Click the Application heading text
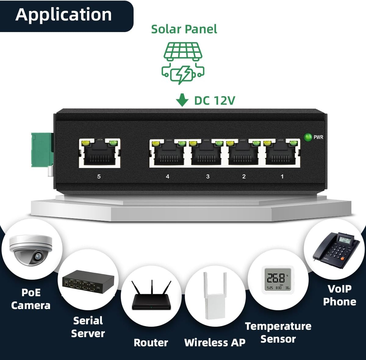[x=63, y=15]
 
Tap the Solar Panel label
[x=184, y=29]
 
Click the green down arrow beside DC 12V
[x=182, y=100]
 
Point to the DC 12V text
[x=215, y=100]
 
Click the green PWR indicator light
[x=308, y=137]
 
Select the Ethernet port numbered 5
[x=99, y=153]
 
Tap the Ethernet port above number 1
[x=282, y=153]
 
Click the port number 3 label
[x=208, y=176]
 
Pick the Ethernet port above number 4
[x=168, y=153]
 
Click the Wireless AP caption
[x=215, y=343]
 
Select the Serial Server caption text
[x=88, y=327]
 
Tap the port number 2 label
[x=244, y=176]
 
